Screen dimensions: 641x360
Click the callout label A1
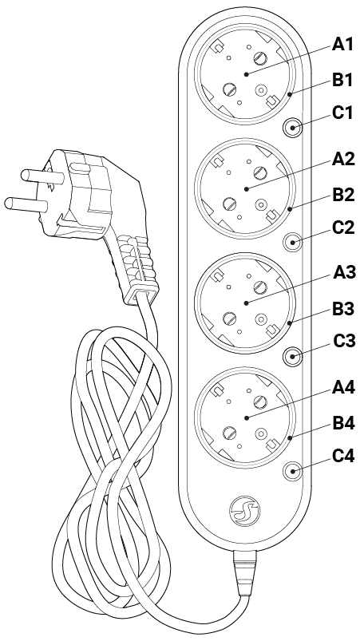pos(342,45)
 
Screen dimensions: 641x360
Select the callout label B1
pos(342,79)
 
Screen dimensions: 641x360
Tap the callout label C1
pos(342,113)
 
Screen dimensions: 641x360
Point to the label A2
pos(342,159)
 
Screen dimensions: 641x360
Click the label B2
pos(342,193)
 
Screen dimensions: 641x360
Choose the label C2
pos(342,228)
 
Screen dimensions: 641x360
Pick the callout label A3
pos(342,273)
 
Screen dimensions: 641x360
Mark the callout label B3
pos(342,307)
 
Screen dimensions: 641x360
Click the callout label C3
pos(342,342)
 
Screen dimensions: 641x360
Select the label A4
pos(342,387)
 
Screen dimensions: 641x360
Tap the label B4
pos(342,421)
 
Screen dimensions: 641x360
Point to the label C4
pos(342,456)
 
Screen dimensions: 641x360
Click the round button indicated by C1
pos(294,127)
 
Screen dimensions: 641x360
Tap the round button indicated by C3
pos(294,356)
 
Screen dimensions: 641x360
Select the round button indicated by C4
pos(294,471)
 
